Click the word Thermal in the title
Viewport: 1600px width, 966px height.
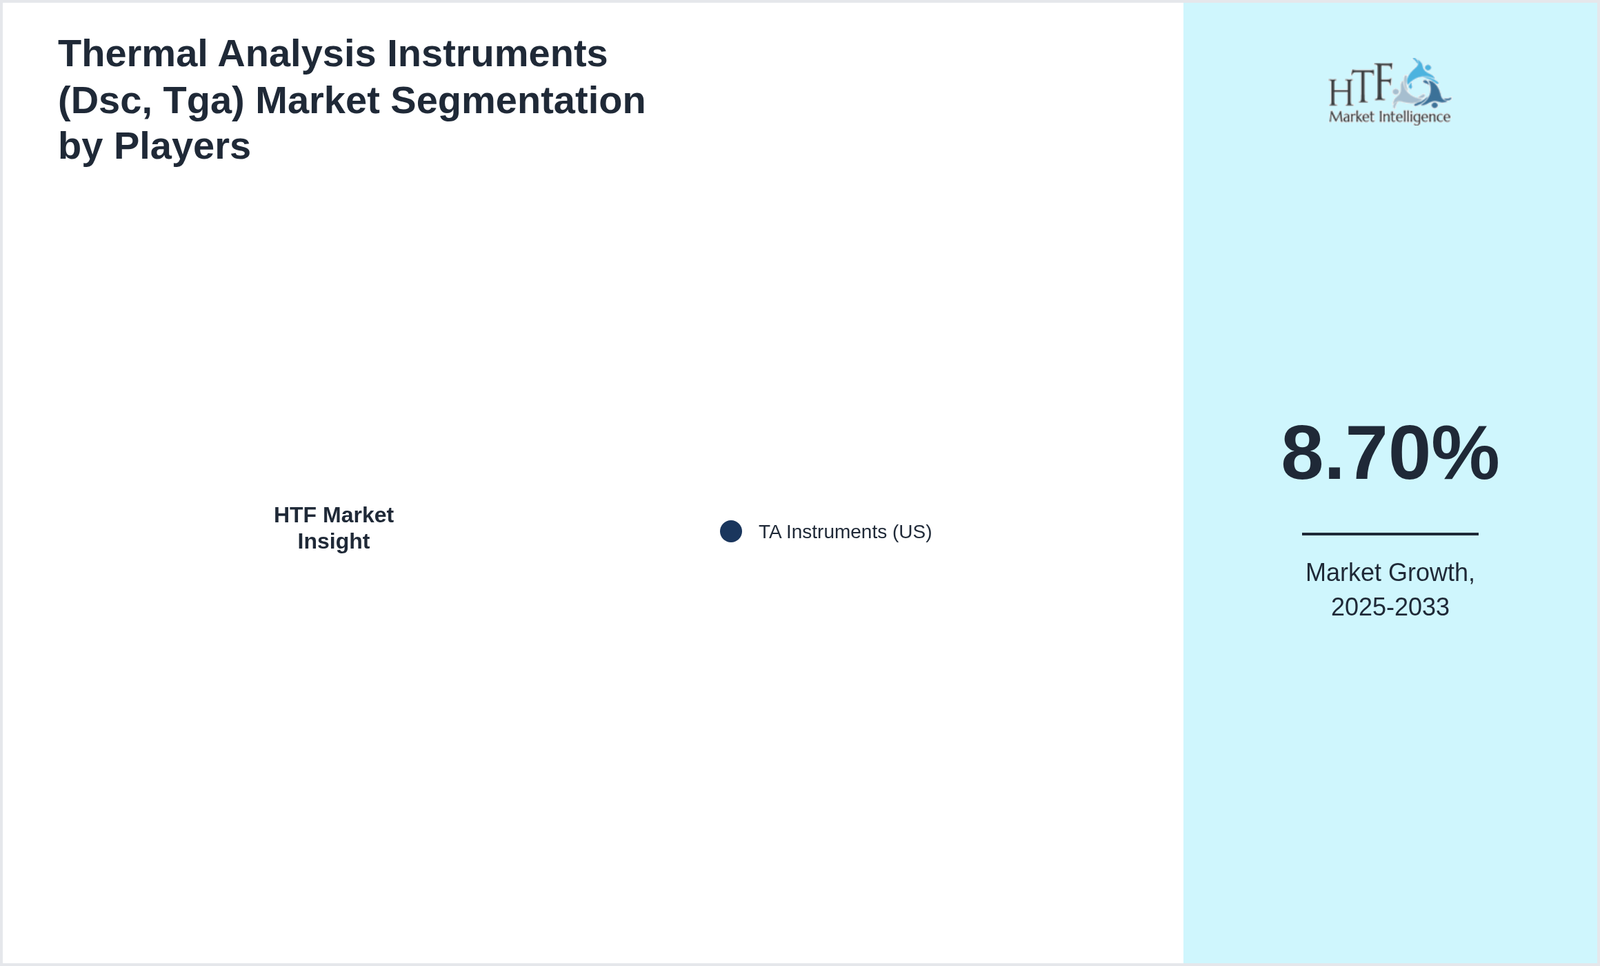click(133, 54)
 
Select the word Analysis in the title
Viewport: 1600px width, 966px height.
click(297, 54)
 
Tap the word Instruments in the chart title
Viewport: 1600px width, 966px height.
click(497, 54)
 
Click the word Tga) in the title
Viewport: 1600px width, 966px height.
click(204, 101)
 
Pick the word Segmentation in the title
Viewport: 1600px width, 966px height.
click(518, 101)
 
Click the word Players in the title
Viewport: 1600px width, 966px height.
click(182, 147)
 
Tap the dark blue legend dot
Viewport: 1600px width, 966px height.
click(731, 531)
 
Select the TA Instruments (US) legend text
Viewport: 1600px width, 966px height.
click(845, 532)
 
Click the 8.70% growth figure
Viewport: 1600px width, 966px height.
click(1390, 453)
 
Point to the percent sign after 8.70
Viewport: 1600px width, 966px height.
click(1465, 453)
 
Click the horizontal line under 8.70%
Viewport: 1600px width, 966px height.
click(1390, 533)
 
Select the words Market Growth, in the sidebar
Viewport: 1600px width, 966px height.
click(1390, 573)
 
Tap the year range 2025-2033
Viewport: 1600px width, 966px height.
click(1390, 607)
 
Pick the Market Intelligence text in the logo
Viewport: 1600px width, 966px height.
click(1390, 117)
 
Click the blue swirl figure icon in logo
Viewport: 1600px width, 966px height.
click(1422, 84)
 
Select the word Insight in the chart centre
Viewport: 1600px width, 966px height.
click(334, 542)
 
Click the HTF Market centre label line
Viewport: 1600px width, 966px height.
click(334, 515)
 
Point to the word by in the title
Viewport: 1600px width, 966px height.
click(81, 147)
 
